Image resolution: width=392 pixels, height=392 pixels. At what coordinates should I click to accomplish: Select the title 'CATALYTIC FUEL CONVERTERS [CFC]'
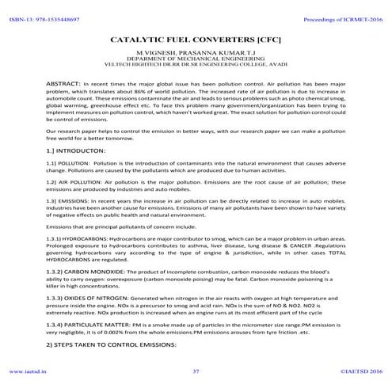point(196,38)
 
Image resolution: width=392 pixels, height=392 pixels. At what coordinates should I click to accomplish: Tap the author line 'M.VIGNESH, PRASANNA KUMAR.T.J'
point(196,51)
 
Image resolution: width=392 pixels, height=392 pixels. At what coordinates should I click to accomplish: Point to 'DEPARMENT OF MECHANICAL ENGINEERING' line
point(196,58)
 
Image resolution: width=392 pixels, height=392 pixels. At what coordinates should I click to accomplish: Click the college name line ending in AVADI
point(196,64)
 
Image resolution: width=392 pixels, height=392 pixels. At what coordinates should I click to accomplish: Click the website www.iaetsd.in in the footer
point(27,369)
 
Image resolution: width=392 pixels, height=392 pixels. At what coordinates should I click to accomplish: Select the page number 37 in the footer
point(196,369)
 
